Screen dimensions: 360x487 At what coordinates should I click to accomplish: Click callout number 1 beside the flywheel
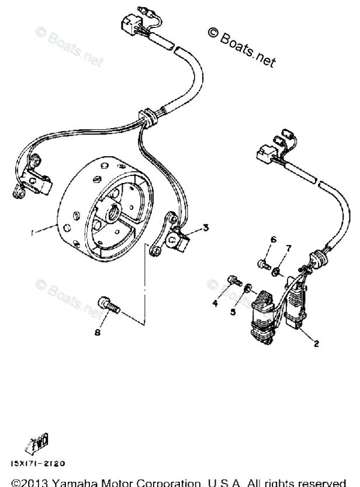point(33,232)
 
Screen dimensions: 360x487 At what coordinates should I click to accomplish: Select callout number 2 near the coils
point(316,343)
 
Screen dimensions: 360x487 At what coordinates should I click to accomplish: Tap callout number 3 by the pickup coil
point(205,227)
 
